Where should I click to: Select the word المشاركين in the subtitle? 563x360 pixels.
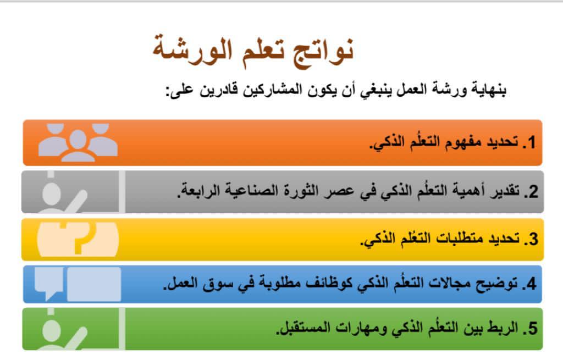click(x=272, y=89)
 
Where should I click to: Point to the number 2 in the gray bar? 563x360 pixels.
click(x=533, y=191)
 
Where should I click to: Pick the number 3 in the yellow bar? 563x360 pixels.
click(x=533, y=239)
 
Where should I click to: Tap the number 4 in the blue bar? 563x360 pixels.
click(x=532, y=284)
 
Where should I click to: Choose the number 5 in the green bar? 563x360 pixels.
click(x=533, y=329)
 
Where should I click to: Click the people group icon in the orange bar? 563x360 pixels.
click(x=78, y=142)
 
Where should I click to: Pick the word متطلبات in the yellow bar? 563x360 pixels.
click(x=459, y=239)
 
